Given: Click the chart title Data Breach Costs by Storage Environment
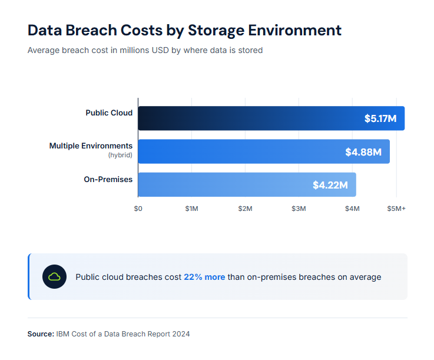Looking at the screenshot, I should pos(184,31).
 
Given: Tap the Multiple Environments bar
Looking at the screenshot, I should pos(247,151).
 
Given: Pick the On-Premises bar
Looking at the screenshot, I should pos(236,184).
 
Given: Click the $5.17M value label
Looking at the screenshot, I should pos(380,119).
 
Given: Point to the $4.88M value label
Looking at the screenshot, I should pos(363,152).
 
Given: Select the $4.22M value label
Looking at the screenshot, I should pos(330,185).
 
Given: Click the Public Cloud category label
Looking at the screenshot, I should pos(109,113).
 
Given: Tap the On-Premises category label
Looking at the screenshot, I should pos(108,179).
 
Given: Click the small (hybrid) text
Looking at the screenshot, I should pos(120,155).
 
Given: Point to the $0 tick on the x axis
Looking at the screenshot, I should pos(138,209).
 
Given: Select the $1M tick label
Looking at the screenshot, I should pos(191,209).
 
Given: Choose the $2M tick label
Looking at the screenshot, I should pos(245,209).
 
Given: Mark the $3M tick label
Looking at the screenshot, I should pos(299,209).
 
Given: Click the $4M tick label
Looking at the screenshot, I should pos(352,209).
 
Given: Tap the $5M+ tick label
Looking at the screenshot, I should pos(396,209).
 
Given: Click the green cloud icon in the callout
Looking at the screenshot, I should pos(54,277).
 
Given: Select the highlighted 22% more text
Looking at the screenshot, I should pos(204,277).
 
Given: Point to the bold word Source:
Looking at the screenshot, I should pos(41,334).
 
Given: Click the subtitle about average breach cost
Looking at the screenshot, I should pos(145,51).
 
